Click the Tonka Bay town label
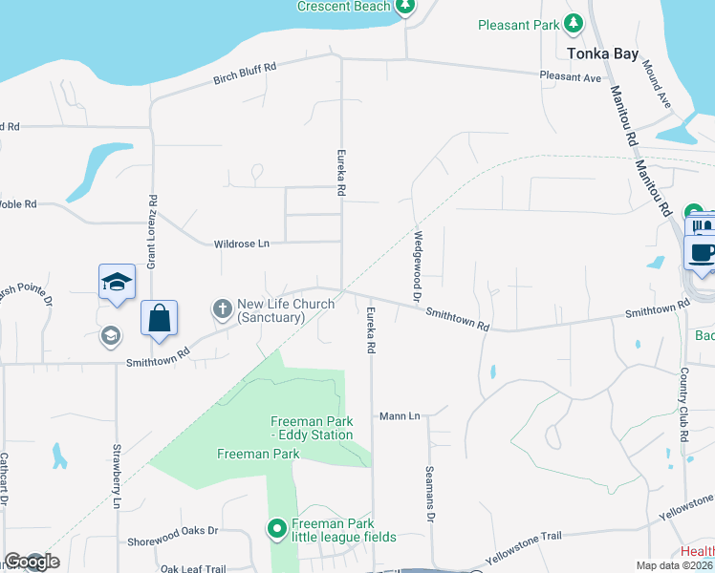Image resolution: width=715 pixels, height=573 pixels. coord(601,53)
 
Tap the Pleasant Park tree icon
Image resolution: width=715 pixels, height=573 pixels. coord(574,23)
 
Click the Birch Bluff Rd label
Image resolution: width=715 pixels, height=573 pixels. coord(245,74)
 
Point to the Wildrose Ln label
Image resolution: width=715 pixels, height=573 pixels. coord(242,244)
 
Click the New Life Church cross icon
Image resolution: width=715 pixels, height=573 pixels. coord(222,308)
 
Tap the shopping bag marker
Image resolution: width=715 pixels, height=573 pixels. coord(160,318)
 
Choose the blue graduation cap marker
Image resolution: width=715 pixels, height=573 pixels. coord(117,282)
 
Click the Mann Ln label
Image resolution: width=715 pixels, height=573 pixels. coord(400,416)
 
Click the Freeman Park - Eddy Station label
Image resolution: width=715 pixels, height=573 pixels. coord(312,428)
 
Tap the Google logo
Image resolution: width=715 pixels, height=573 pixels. coord(31,562)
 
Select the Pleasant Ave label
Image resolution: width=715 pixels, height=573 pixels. coord(570,76)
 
